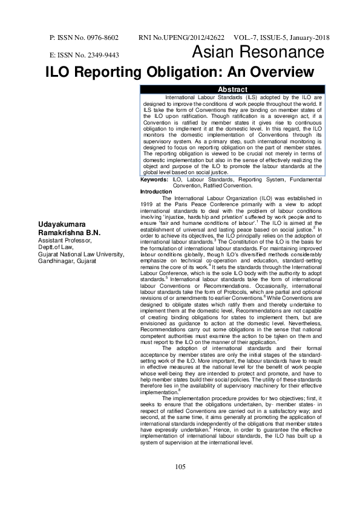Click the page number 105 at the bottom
click(x=180, y=484)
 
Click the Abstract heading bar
click(x=232, y=89)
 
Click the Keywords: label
click(x=155, y=180)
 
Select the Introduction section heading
click(x=155, y=192)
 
